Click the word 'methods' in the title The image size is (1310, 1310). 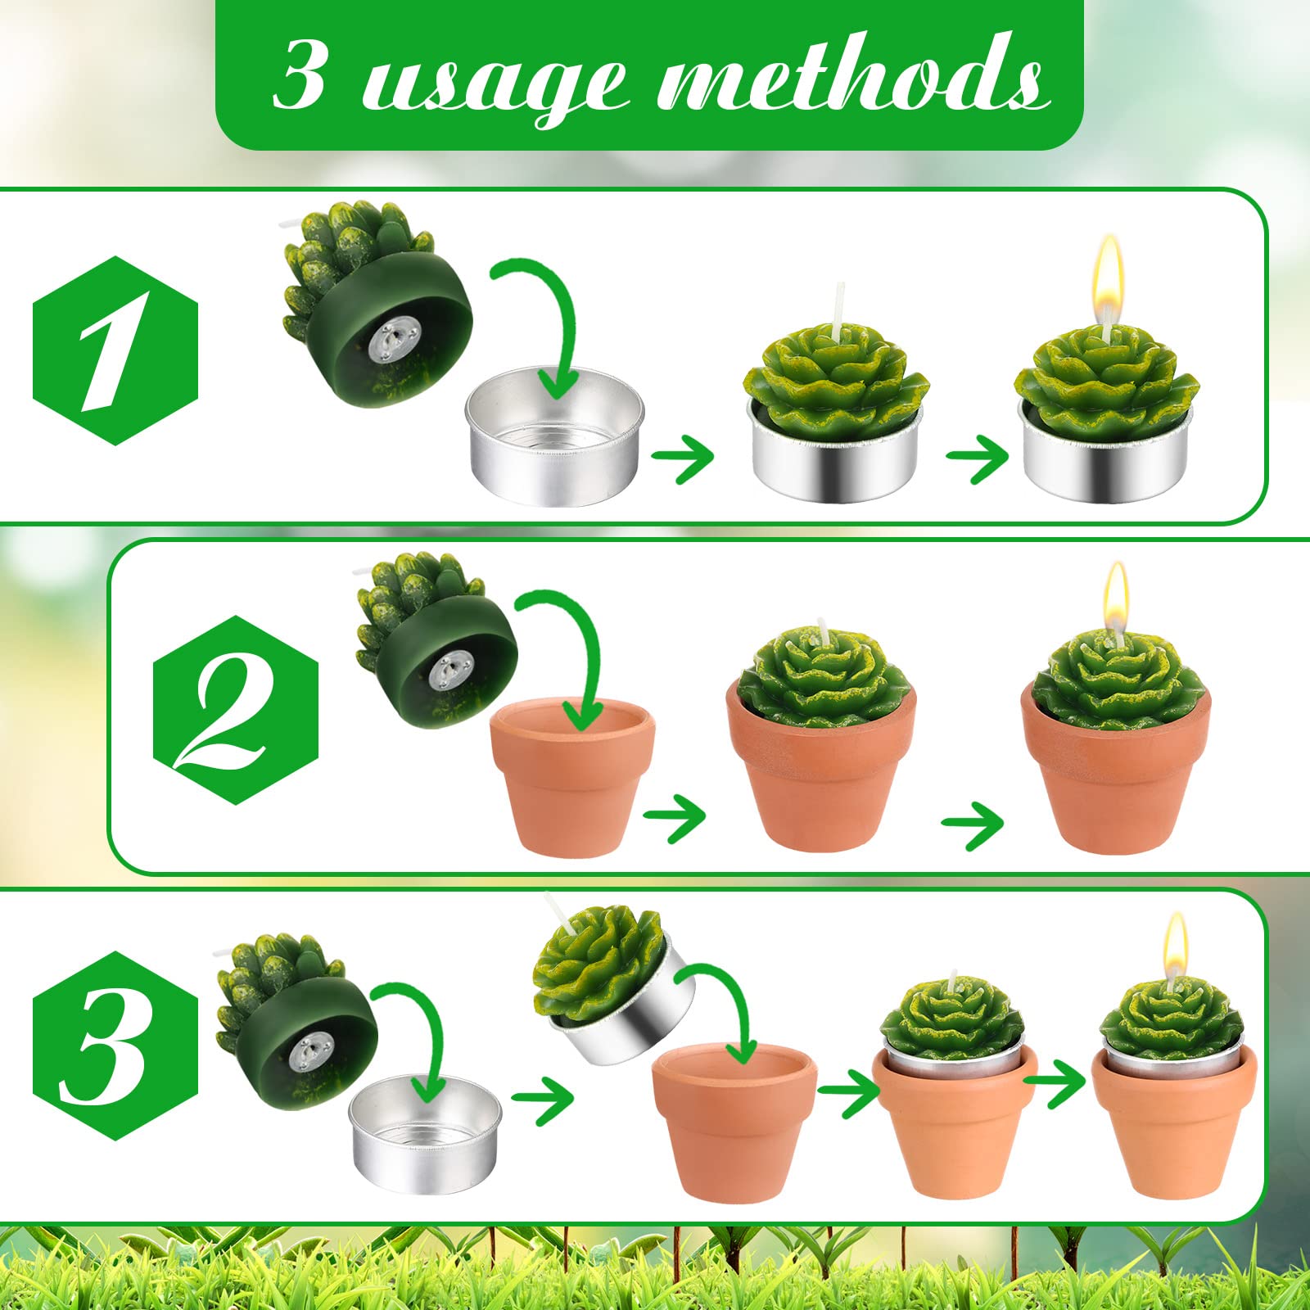851,78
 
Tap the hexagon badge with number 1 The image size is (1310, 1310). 115,350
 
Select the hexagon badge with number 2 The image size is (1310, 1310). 235,710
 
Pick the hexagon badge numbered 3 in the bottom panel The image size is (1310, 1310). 115,1046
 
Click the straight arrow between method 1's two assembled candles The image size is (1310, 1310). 978,458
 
